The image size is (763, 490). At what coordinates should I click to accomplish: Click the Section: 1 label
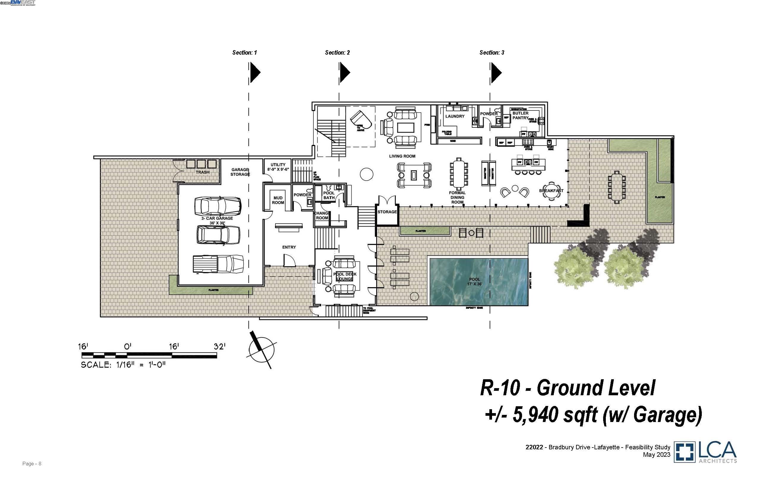coord(244,53)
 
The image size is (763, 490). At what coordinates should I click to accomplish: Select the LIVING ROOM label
coord(402,156)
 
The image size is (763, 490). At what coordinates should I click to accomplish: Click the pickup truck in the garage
coord(218,264)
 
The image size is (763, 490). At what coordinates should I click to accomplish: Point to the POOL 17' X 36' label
coord(474,282)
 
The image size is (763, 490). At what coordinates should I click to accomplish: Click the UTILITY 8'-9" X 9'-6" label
coord(278,167)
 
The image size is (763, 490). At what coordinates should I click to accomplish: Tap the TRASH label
coord(202,172)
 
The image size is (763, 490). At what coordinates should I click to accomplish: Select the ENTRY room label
coord(289,247)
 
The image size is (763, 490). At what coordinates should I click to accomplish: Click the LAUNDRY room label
coord(455,116)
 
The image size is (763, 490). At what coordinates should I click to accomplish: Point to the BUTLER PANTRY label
coord(520,116)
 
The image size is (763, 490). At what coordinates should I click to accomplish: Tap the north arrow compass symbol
coord(261,350)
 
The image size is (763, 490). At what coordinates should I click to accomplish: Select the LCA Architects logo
coord(705,452)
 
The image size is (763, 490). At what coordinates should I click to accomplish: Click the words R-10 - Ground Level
coord(567,388)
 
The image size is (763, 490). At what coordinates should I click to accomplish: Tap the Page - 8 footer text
coord(32,464)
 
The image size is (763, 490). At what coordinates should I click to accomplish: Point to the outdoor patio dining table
coord(617,187)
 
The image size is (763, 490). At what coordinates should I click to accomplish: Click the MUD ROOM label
coord(278,200)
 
